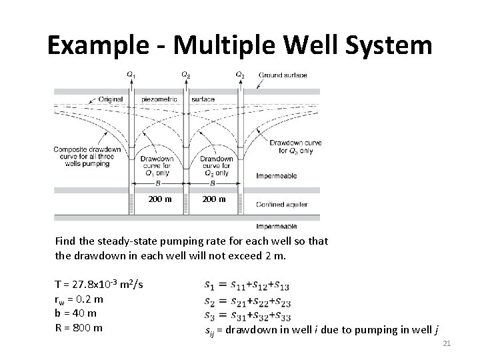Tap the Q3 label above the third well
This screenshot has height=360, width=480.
[x=240, y=75]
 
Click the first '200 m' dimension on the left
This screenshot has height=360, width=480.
[x=159, y=199]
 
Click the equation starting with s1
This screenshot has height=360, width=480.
[x=247, y=287]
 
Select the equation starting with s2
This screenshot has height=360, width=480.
[x=247, y=301]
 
